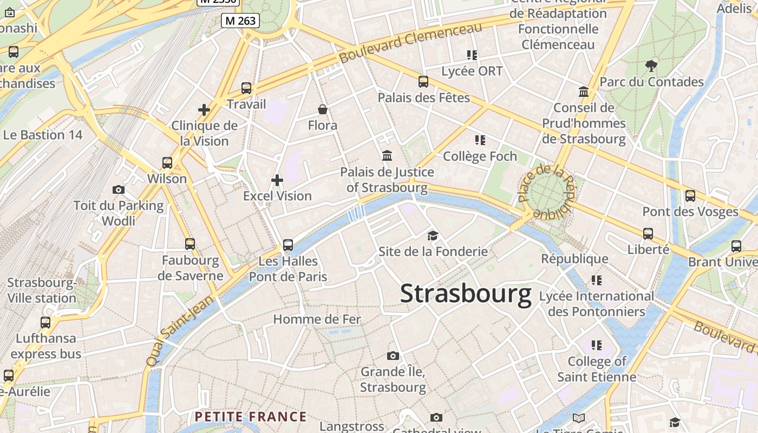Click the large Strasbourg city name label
click(x=466, y=294)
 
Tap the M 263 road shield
click(x=240, y=21)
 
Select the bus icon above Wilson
click(x=167, y=162)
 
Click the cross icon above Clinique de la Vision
click(x=204, y=110)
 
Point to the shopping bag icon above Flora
click(x=323, y=110)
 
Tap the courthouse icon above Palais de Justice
click(x=387, y=156)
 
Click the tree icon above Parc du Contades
click(x=651, y=66)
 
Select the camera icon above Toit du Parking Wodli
click(x=119, y=189)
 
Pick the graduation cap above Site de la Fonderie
click(x=433, y=235)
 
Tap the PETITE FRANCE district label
click(x=251, y=417)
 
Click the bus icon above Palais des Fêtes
click(x=423, y=82)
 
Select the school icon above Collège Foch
click(x=480, y=140)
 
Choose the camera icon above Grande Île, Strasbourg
click(x=393, y=356)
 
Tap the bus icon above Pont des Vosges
click(x=690, y=195)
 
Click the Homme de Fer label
click(x=317, y=319)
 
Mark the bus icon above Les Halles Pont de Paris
click(x=288, y=245)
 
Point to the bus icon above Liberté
click(x=648, y=234)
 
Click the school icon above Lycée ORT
click(x=472, y=55)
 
